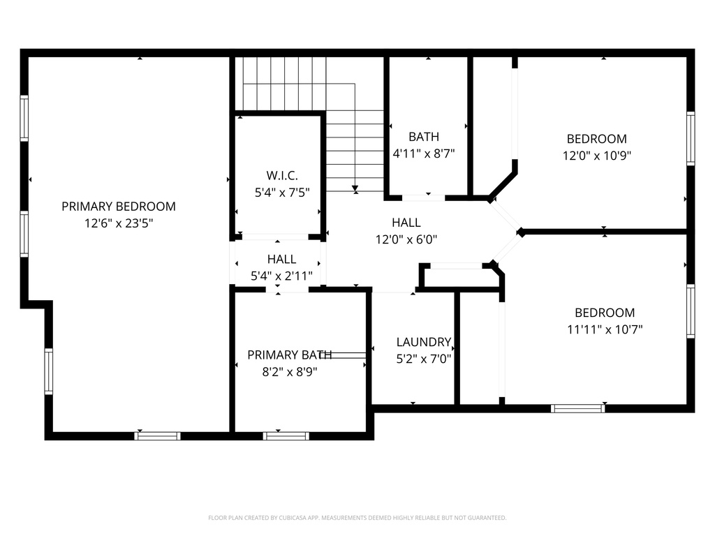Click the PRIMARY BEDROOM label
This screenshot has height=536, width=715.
pyautogui.click(x=119, y=207)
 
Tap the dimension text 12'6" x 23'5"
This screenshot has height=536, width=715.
pyautogui.click(x=119, y=223)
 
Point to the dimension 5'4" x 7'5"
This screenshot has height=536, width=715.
pyautogui.click(x=278, y=191)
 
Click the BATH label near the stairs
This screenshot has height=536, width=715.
pyautogui.click(x=424, y=137)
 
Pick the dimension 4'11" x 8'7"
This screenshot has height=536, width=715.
pyautogui.click(x=424, y=154)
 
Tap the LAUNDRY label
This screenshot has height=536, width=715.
pyautogui.click(x=424, y=342)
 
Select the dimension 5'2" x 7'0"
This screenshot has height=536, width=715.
pyautogui.click(x=424, y=359)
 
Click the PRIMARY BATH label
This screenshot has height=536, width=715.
pyautogui.click(x=290, y=355)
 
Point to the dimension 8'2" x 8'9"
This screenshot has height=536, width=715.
pyautogui.click(x=290, y=372)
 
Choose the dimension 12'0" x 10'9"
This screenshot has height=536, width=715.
pyautogui.click(x=596, y=156)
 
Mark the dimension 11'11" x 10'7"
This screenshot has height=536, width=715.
pyautogui.click(x=605, y=329)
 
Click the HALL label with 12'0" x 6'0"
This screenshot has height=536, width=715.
pyautogui.click(x=406, y=223)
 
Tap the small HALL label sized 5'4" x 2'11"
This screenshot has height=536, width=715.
pyautogui.click(x=281, y=259)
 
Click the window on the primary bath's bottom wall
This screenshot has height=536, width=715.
pyautogui.click(x=286, y=436)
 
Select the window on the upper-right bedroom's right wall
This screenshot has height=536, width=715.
pyautogui.click(x=691, y=138)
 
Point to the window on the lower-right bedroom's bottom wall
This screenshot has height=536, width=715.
pyautogui.click(x=577, y=408)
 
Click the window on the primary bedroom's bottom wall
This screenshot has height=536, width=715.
pyautogui.click(x=157, y=436)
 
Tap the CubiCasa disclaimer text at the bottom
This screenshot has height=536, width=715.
pyautogui.click(x=357, y=518)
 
